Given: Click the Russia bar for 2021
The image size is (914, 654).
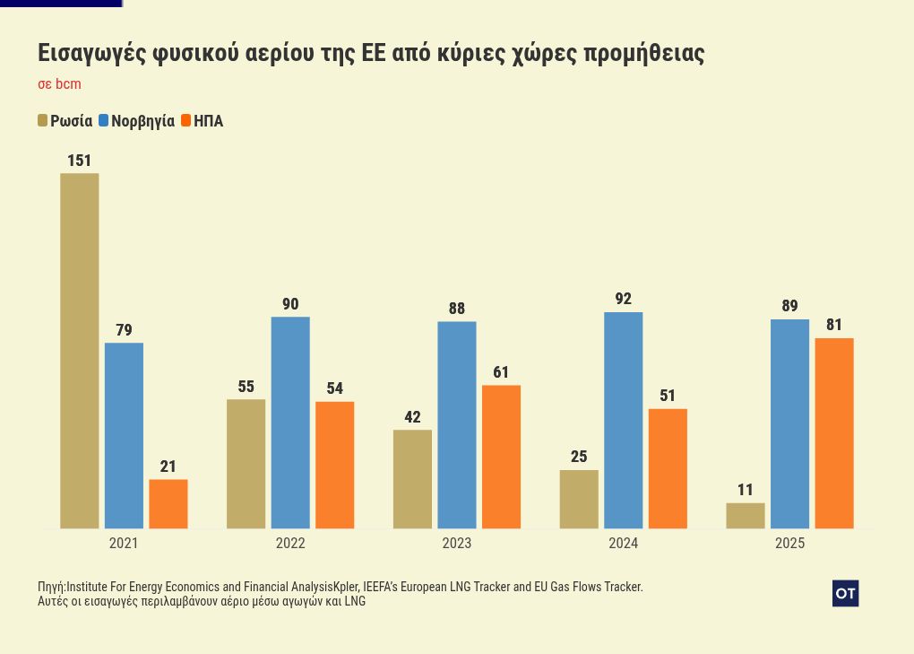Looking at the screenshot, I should pos(80,350).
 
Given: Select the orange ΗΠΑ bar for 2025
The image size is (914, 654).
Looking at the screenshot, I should pos(833,432).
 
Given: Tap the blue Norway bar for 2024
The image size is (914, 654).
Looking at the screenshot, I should pos(623,420).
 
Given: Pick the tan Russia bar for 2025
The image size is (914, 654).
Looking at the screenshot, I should pos(746,515).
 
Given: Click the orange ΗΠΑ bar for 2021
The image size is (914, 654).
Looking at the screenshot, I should pos(168,503).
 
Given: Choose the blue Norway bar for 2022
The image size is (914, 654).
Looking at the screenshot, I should pos(290,422).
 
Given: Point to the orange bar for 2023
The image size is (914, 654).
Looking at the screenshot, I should pos(501,456).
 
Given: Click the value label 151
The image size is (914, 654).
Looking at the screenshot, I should pos(80,161).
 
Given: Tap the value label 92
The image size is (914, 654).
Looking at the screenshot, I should pos(623,299).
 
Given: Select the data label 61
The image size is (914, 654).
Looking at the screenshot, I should pos(501,372).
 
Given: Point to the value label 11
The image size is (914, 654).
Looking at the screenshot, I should pos(746,490).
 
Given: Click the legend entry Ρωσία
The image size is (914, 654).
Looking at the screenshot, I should pos(71,121).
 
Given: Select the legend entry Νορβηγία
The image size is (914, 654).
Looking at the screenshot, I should pos(142,121).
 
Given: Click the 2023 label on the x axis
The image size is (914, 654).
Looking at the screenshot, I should pos(456,543).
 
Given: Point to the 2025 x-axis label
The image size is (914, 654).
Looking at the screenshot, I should pos(789,543).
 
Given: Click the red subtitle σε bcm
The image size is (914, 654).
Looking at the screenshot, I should pos(59,84).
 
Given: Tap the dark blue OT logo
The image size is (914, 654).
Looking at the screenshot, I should pos(845,593).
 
